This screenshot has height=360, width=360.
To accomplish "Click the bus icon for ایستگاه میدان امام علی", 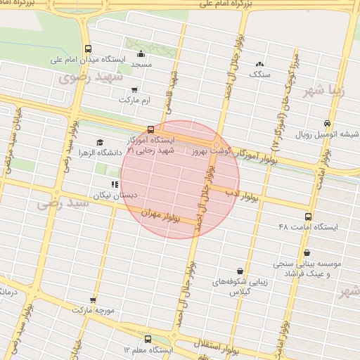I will click(x=88, y=49).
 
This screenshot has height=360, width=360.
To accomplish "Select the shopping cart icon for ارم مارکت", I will click(x=134, y=90).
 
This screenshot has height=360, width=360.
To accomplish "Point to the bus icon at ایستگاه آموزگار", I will click(x=150, y=129).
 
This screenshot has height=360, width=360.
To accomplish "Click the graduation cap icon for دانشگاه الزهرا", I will click(x=99, y=143).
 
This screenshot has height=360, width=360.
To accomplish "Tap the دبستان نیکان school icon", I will click(x=115, y=184).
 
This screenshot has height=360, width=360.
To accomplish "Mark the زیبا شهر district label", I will click(x=325, y=90).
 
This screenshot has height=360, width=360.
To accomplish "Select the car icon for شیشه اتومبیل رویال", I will click(x=328, y=123).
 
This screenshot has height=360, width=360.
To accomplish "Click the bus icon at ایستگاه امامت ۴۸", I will click(x=309, y=217).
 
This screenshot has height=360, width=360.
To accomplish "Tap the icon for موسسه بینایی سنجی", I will click(x=307, y=253).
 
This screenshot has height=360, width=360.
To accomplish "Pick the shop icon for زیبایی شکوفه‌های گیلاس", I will click(x=240, y=271).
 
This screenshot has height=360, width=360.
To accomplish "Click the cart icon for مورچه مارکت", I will click(x=75, y=309).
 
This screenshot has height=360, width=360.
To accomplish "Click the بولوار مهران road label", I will click(x=161, y=216).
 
